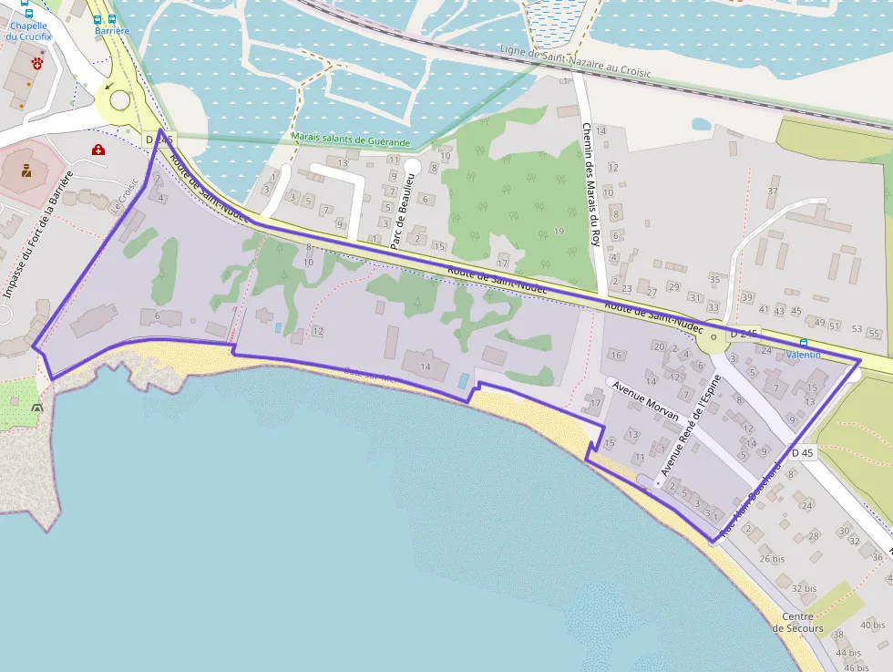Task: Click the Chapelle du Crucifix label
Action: pos(28,31)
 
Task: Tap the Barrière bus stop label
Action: pos(112,31)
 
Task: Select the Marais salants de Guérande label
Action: pos(352,140)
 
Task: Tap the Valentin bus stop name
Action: pos(803,354)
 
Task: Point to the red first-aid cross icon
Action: pos(98,149)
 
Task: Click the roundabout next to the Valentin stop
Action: pos(711,341)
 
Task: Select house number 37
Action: pos(773,191)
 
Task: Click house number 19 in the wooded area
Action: pos(558,232)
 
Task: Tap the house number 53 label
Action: pos(856,328)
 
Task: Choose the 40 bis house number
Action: pos(872,625)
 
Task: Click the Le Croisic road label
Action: pos(127,195)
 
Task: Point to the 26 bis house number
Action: pos(772,559)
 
